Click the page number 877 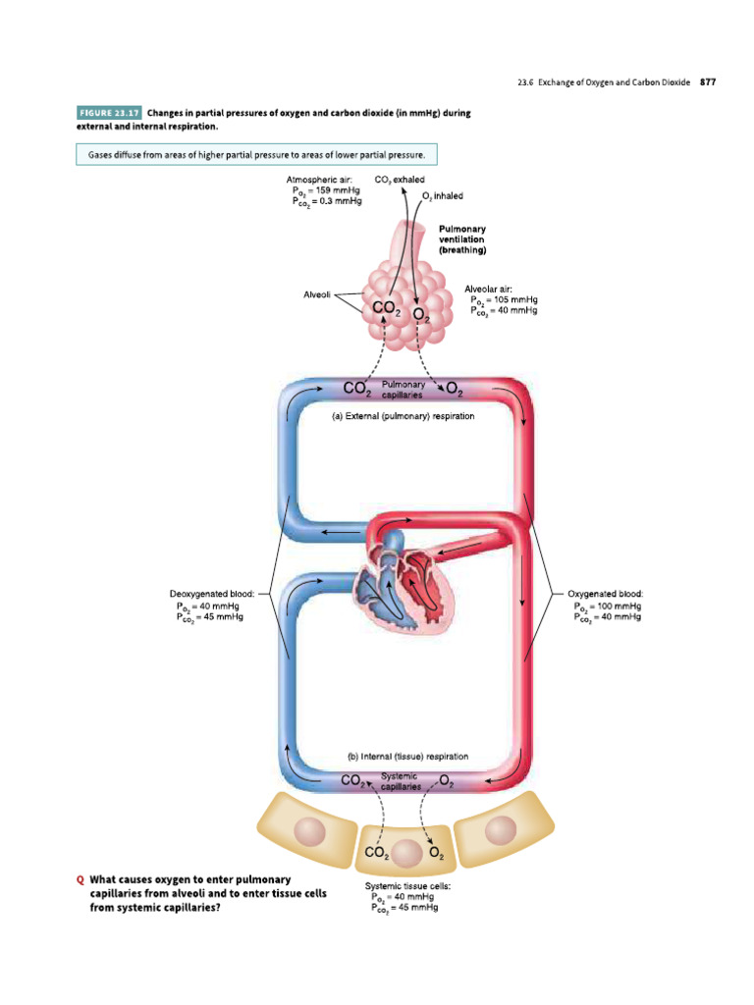click(x=708, y=82)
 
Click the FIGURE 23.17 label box click(x=108, y=113)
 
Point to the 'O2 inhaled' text click(x=443, y=196)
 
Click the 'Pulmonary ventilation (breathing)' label click(x=462, y=239)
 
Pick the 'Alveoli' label click(x=317, y=293)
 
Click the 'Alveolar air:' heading click(x=488, y=289)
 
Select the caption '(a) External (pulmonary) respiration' click(x=404, y=416)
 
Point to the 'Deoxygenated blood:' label click(x=212, y=594)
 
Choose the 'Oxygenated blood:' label click(x=606, y=594)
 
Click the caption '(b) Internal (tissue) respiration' click(x=407, y=757)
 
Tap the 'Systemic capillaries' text click(x=401, y=781)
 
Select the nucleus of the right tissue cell click(x=501, y=830)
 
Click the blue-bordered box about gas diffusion click(x=256, y=156)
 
